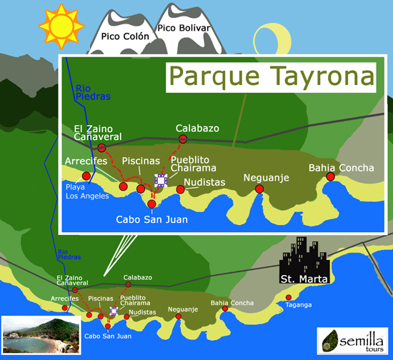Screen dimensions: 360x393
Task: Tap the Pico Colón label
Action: coord(125,36)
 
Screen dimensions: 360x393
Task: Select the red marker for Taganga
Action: coord(289,297)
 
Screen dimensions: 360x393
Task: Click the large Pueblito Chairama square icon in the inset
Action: coord(161,181)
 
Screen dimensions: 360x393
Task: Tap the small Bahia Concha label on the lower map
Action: coord(232,303)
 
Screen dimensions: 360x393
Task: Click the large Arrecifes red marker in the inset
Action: coord(86,175)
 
